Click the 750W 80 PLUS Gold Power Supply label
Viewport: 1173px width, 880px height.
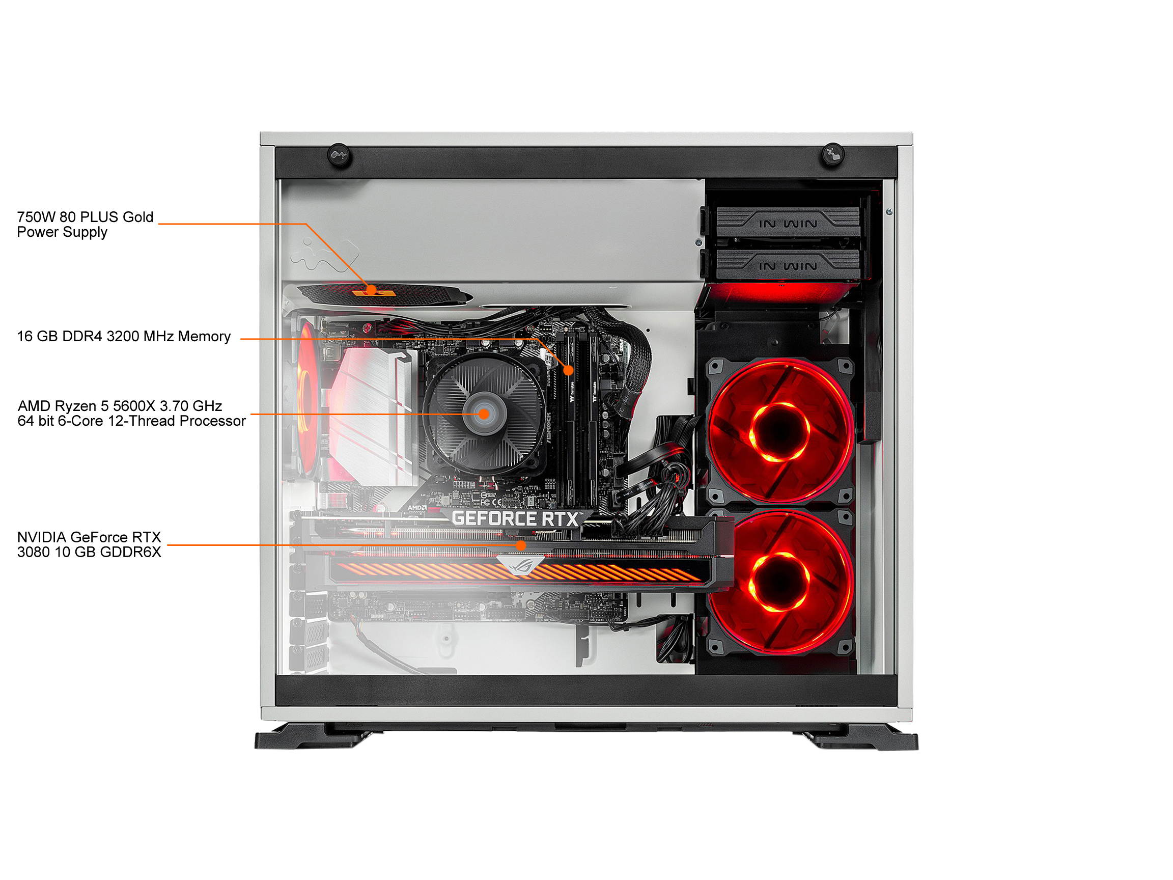point(85,225)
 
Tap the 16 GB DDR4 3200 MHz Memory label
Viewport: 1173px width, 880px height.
point(124,336)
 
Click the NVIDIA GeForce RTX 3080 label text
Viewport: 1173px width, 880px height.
point(89,544)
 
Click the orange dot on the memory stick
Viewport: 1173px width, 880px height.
point(569,370)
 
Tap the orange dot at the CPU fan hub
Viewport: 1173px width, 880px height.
point(484,413)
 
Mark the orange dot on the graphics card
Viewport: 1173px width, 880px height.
point(521,545)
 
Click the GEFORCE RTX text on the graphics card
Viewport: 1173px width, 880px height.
point(514,518)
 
